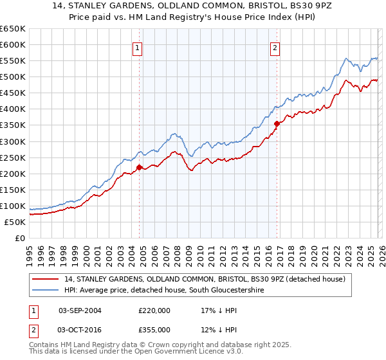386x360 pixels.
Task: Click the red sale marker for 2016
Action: [x=277, y=123]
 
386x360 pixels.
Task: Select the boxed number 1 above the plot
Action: [x=138, y=48]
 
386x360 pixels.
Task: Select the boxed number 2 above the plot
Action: [x=275, y=48]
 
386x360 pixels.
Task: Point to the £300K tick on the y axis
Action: [x=13, y=141]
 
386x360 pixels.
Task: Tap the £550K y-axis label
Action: [x=13, y=61]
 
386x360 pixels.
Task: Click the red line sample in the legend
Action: [x=47, y=279]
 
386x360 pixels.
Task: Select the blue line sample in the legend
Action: [x=47, y=291]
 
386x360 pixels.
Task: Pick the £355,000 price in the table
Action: [x=154, y=329]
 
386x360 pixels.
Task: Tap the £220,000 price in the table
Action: [x=154, y=310]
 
